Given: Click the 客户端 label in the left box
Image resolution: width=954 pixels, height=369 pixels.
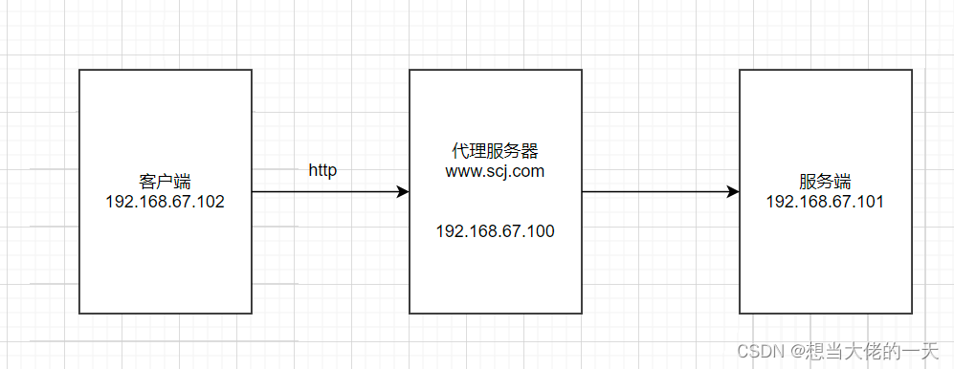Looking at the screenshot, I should coord(165,182).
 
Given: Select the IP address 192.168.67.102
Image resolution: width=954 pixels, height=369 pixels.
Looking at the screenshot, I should coord(165,202).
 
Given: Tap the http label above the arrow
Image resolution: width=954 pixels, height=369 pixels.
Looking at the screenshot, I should coord(322,170).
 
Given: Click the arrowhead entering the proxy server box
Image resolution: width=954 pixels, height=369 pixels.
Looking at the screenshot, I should coord(403,192).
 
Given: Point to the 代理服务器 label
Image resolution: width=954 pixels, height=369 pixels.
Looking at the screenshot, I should coord(495,152).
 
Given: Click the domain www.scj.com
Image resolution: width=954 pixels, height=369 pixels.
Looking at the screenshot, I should coord(495,172).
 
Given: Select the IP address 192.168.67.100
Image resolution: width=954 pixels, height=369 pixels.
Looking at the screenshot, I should coord(495,231).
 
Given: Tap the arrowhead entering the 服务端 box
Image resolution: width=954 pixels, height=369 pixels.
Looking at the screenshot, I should coord(733,192).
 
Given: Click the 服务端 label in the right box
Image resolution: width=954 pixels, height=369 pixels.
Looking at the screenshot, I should coord(825,182).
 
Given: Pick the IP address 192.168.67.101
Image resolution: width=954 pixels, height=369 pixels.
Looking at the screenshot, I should coord(825,202).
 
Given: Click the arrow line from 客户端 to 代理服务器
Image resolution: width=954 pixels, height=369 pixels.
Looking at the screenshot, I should coord(325,192).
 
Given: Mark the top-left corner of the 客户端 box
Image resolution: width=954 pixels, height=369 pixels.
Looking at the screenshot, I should coord(79,70).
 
